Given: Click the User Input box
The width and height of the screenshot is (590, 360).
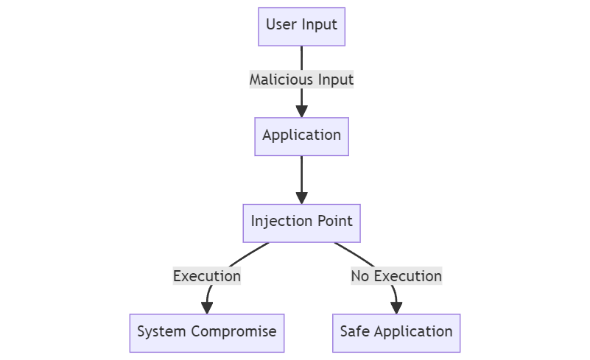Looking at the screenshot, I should tap(301, 25).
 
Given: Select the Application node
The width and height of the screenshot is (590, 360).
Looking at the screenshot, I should tap(301, 135).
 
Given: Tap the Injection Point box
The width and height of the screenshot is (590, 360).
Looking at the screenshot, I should tap(301, 222).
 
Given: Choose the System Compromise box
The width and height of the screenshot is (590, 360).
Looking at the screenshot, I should tap(206, 331).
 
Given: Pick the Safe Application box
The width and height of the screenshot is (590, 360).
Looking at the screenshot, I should tap(396, 331).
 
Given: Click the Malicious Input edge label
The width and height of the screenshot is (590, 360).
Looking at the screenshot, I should tap(301, 80).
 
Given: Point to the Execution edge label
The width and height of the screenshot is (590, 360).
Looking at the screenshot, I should tap(206, 276).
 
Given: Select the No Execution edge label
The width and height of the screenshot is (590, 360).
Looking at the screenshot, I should tap(396, 276).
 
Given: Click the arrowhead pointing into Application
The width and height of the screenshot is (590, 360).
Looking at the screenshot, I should tap(301, 111).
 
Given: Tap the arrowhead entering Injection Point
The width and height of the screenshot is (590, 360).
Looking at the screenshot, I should tap(301, 197).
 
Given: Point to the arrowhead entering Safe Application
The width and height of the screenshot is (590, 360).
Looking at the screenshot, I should tap(396, 308).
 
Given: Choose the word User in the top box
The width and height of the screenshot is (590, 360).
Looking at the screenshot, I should tap(281, 25).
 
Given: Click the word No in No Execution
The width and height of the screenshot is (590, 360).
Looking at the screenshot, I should tap(359, 276).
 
